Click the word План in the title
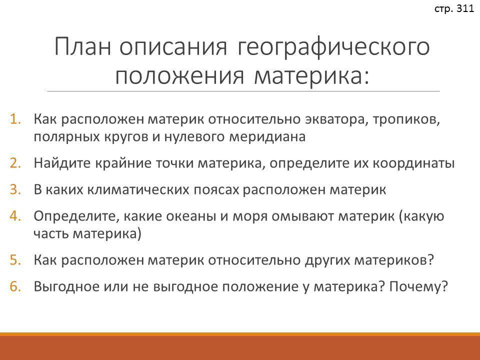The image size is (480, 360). coord(82,46)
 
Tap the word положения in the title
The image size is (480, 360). coord(179,75)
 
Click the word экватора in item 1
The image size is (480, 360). coord(336,119)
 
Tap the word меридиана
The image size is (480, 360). coord(267,137)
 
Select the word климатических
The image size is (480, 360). coord(138,190)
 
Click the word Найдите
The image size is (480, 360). coord(62,163)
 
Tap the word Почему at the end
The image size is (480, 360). coord(418,287)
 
